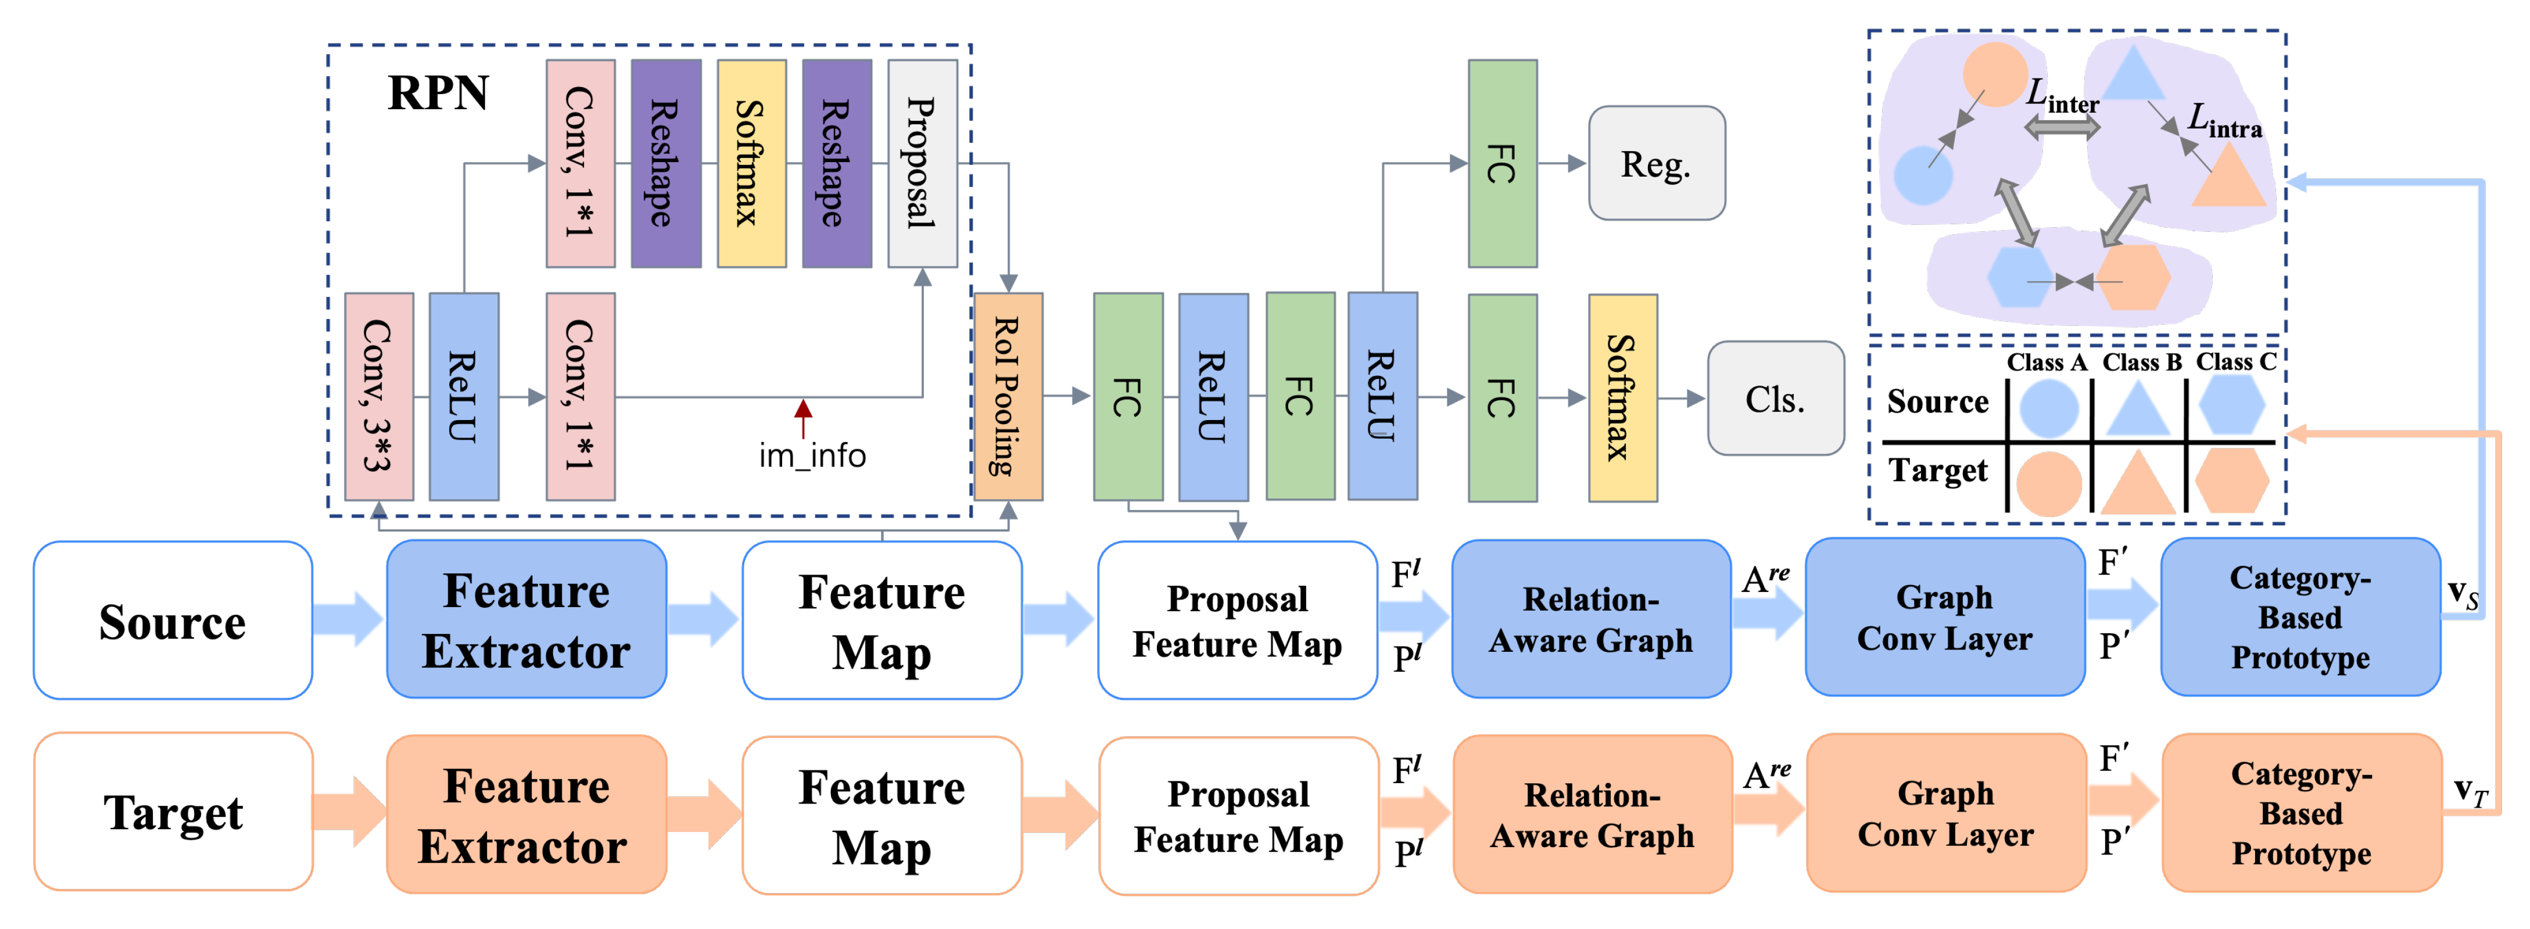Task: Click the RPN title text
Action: [438, 94]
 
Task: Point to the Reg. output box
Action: [1656, 164]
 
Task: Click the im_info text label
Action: [811, 455]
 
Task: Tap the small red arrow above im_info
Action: [804, 417]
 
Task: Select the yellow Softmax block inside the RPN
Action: [751, 163]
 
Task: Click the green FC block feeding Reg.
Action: [1501, 163]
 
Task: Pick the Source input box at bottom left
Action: [173, 620]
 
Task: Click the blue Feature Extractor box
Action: [526, 620]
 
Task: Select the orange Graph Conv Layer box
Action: [1945, 813]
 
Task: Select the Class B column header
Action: [2141, 363]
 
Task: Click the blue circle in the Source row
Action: [2048, 407]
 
